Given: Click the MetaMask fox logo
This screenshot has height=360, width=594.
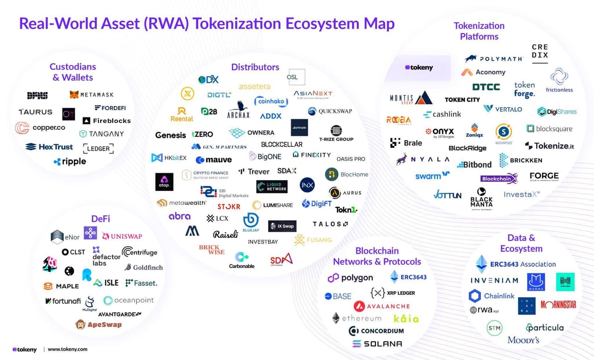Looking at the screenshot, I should (x=74, y=95).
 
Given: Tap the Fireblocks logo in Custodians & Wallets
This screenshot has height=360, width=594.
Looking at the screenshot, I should (x=106, y=121).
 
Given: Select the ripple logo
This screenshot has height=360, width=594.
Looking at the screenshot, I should (x=70, y=161).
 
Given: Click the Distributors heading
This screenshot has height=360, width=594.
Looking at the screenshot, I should (x=255, y=67).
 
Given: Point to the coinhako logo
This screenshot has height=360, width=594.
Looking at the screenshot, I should (x=271, y=102).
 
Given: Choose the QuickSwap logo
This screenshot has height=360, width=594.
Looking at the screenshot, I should (x=330, y=111).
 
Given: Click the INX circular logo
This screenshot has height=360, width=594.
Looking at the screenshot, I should (x=307, y=185).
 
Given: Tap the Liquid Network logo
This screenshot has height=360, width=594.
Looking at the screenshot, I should (x=272, y=186).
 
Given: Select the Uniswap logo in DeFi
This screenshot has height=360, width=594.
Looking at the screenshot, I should (x=122, y=236).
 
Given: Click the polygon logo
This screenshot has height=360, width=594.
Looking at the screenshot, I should (x=350, y=278).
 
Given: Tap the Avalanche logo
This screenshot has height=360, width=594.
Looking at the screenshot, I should (x=381, y=306).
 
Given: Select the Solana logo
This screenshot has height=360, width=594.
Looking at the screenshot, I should (x=377, y=344).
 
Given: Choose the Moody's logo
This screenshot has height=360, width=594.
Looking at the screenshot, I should (x=523, y=340).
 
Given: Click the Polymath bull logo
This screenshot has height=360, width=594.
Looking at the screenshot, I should (x=471, y=59).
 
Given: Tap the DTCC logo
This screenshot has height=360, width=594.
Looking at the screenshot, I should (x=486, y=87).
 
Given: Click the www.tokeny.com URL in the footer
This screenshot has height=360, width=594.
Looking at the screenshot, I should (x=67, y=349).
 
